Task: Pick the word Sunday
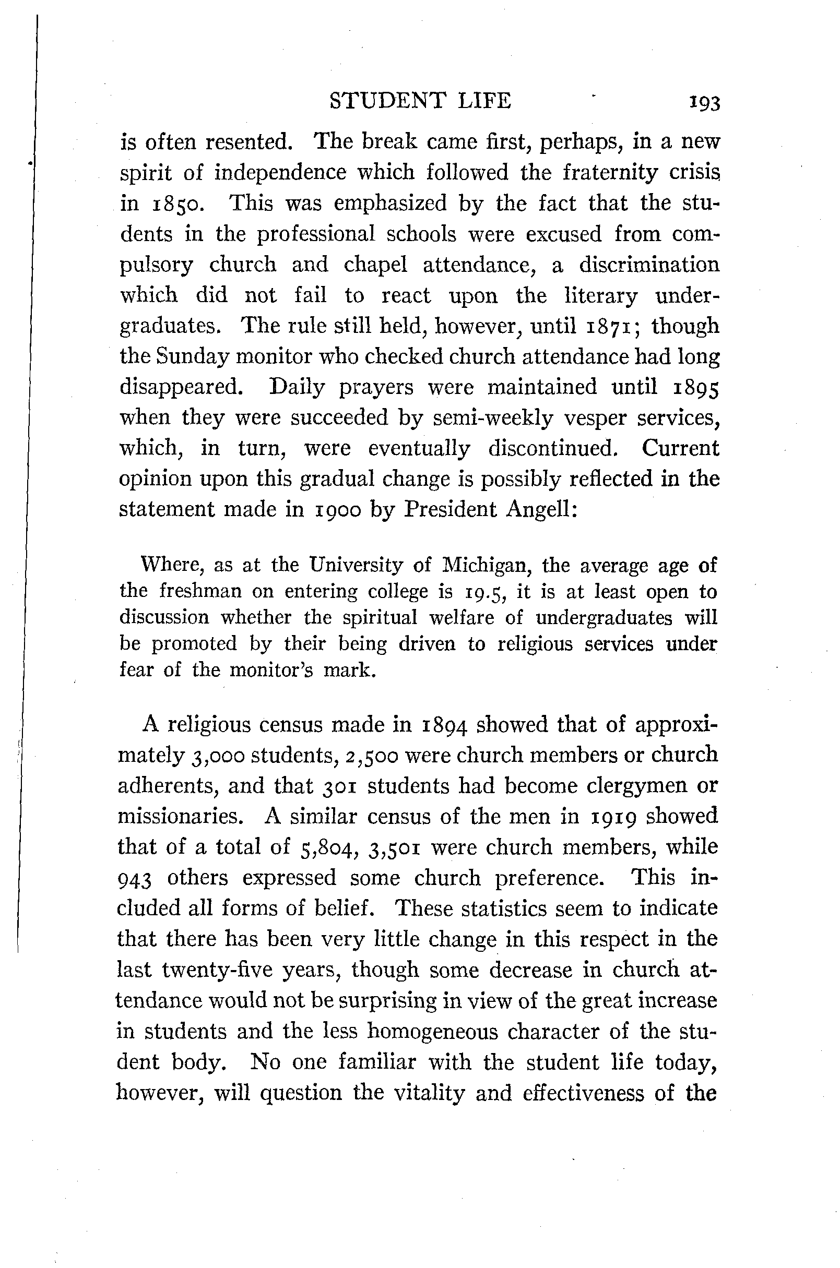[x=192, y=357]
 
